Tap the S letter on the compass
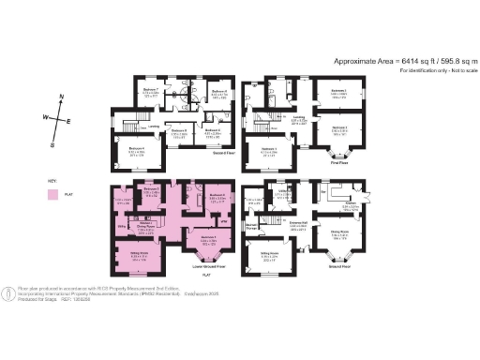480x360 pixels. tap(53, 145)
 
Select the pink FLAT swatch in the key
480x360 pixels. tap(54, 194)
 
